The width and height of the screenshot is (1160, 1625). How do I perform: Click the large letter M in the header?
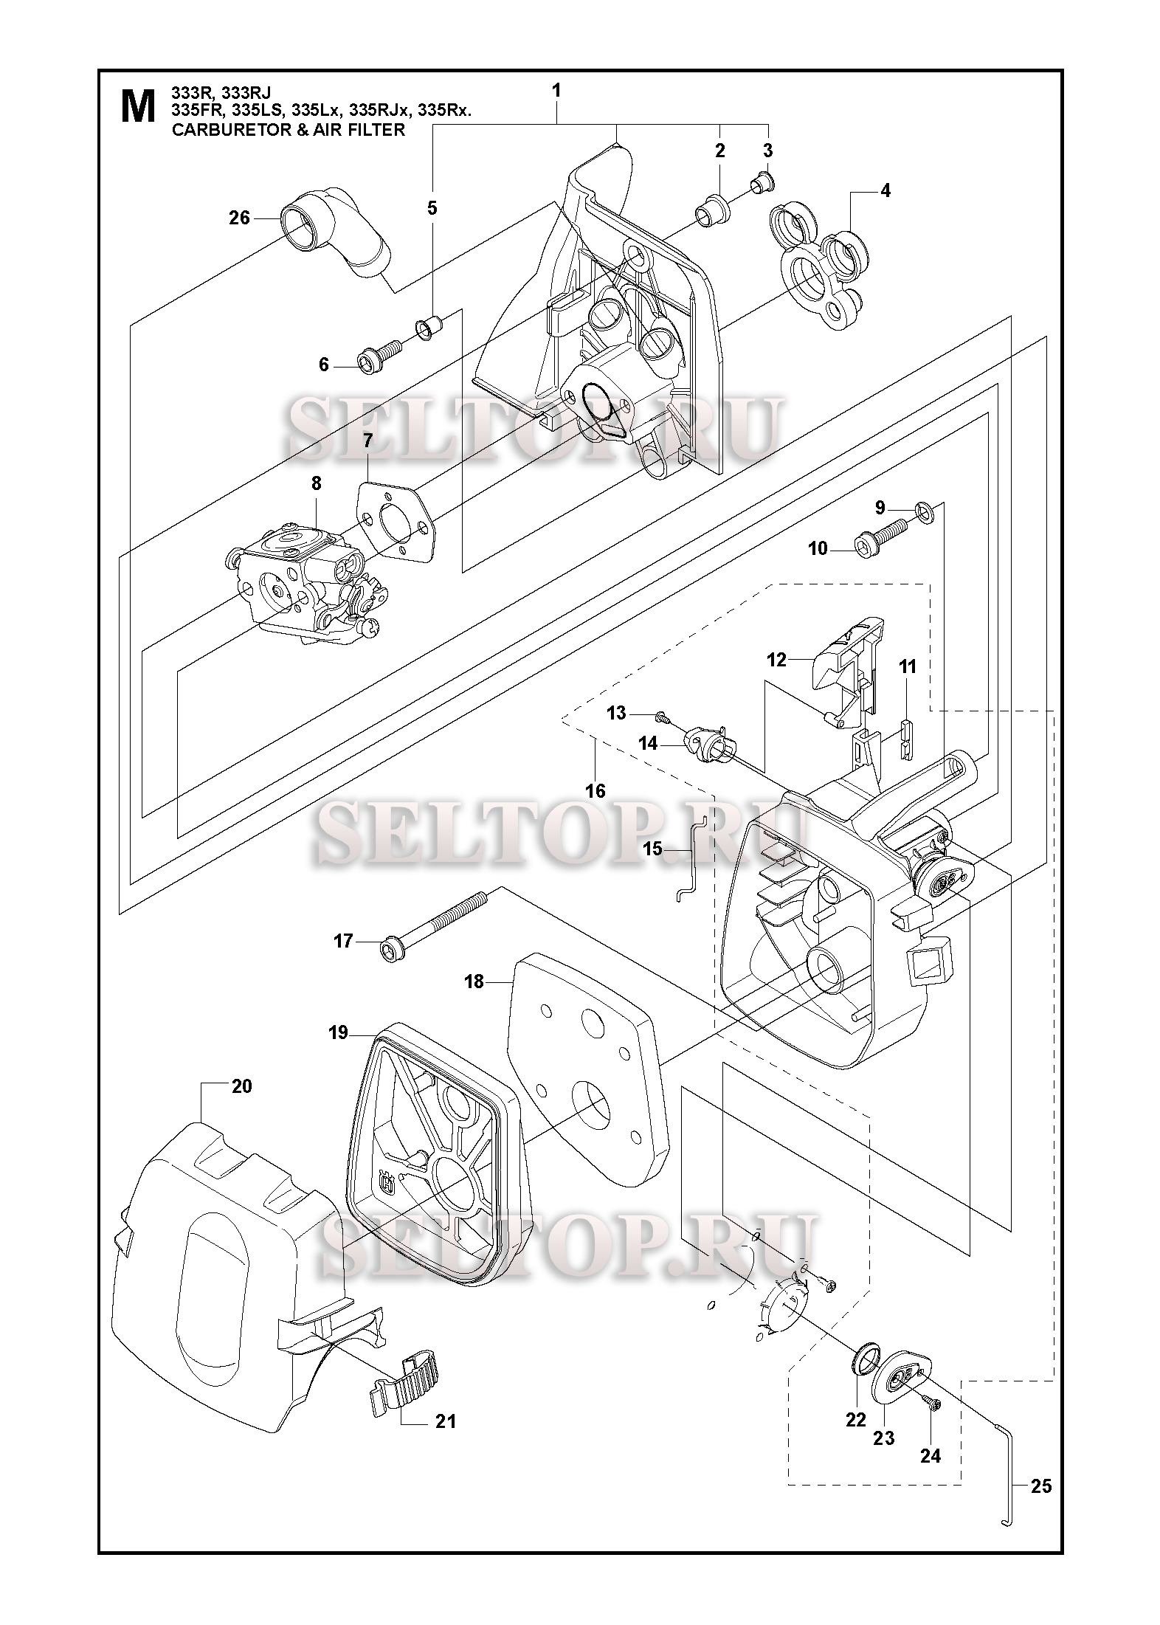[137, 107]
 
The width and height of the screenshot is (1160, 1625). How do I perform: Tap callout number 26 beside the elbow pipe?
[240, 218]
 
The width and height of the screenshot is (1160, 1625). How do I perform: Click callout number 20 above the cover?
[241, 1086]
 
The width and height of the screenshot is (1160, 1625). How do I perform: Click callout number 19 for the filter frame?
[338, 1032]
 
